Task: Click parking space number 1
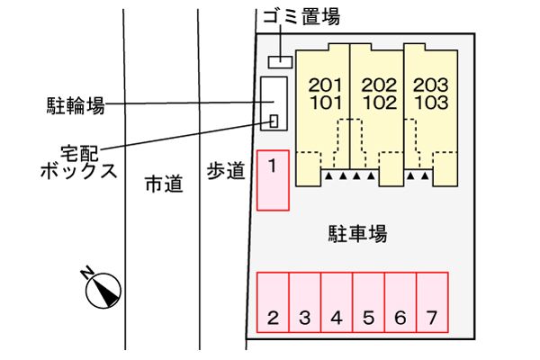click(273, 180)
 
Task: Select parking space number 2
click(273, 302)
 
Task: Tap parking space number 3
click(305, 302)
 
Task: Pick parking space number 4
click(337, 302)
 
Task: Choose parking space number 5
click(368, 302)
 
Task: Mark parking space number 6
click(400, 302)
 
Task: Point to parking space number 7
click(432, 302)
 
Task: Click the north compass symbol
click(103, 289)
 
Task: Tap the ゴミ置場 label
click(301, 16)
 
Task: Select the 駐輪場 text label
click(76, 105)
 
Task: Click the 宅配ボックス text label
click(79, 162)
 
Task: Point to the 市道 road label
click(164, 184)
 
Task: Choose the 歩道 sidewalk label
click(226, 171)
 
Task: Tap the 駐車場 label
click(357, 234)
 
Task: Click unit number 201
click(326, 85)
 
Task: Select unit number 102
click(380, 103)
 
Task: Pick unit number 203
click(431, 85)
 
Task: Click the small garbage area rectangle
click(280, 62)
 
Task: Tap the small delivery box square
click(274, 121)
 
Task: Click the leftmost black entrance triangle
click(328, 176)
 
